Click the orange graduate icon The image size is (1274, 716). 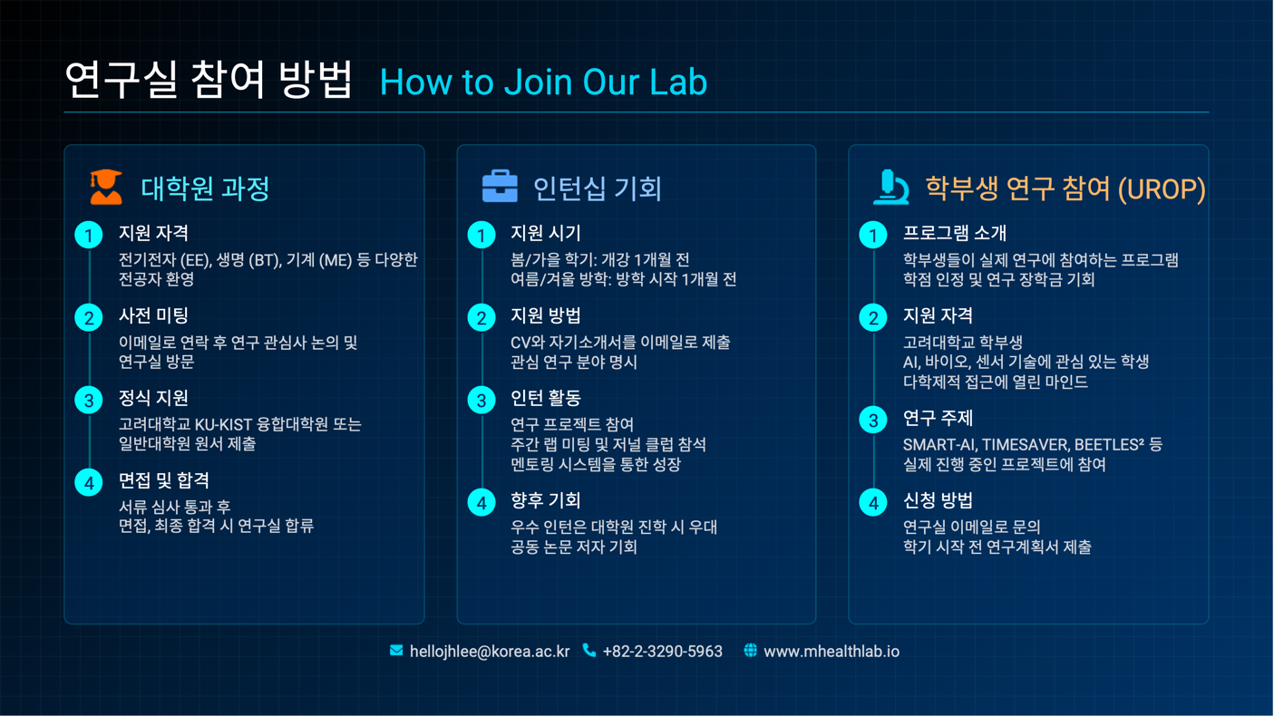point(106,187)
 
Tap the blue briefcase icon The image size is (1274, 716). point(500,186)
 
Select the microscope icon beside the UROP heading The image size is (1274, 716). point(890,187)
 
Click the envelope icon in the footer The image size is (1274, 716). point(396,650)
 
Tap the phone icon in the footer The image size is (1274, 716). point(589,650)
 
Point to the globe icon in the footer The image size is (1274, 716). point(750,650)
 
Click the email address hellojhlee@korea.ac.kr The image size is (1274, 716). point(489,652)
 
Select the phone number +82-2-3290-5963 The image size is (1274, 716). point(663,652)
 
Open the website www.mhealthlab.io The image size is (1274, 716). point(831,652)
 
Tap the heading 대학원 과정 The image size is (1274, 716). point(205,189)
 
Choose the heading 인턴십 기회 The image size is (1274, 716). point(598,189)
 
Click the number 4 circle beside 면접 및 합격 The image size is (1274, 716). point(89,483)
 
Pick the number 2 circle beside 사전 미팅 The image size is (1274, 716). point(89,317)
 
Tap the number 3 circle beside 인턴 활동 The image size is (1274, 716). point(481,400)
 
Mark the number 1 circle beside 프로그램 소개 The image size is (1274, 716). point(873,235)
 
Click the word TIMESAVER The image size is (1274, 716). point(1025,444)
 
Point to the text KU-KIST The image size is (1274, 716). point(223,424)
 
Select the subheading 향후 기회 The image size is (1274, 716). point(546,500)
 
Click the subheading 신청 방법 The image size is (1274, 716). point(938,500)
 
